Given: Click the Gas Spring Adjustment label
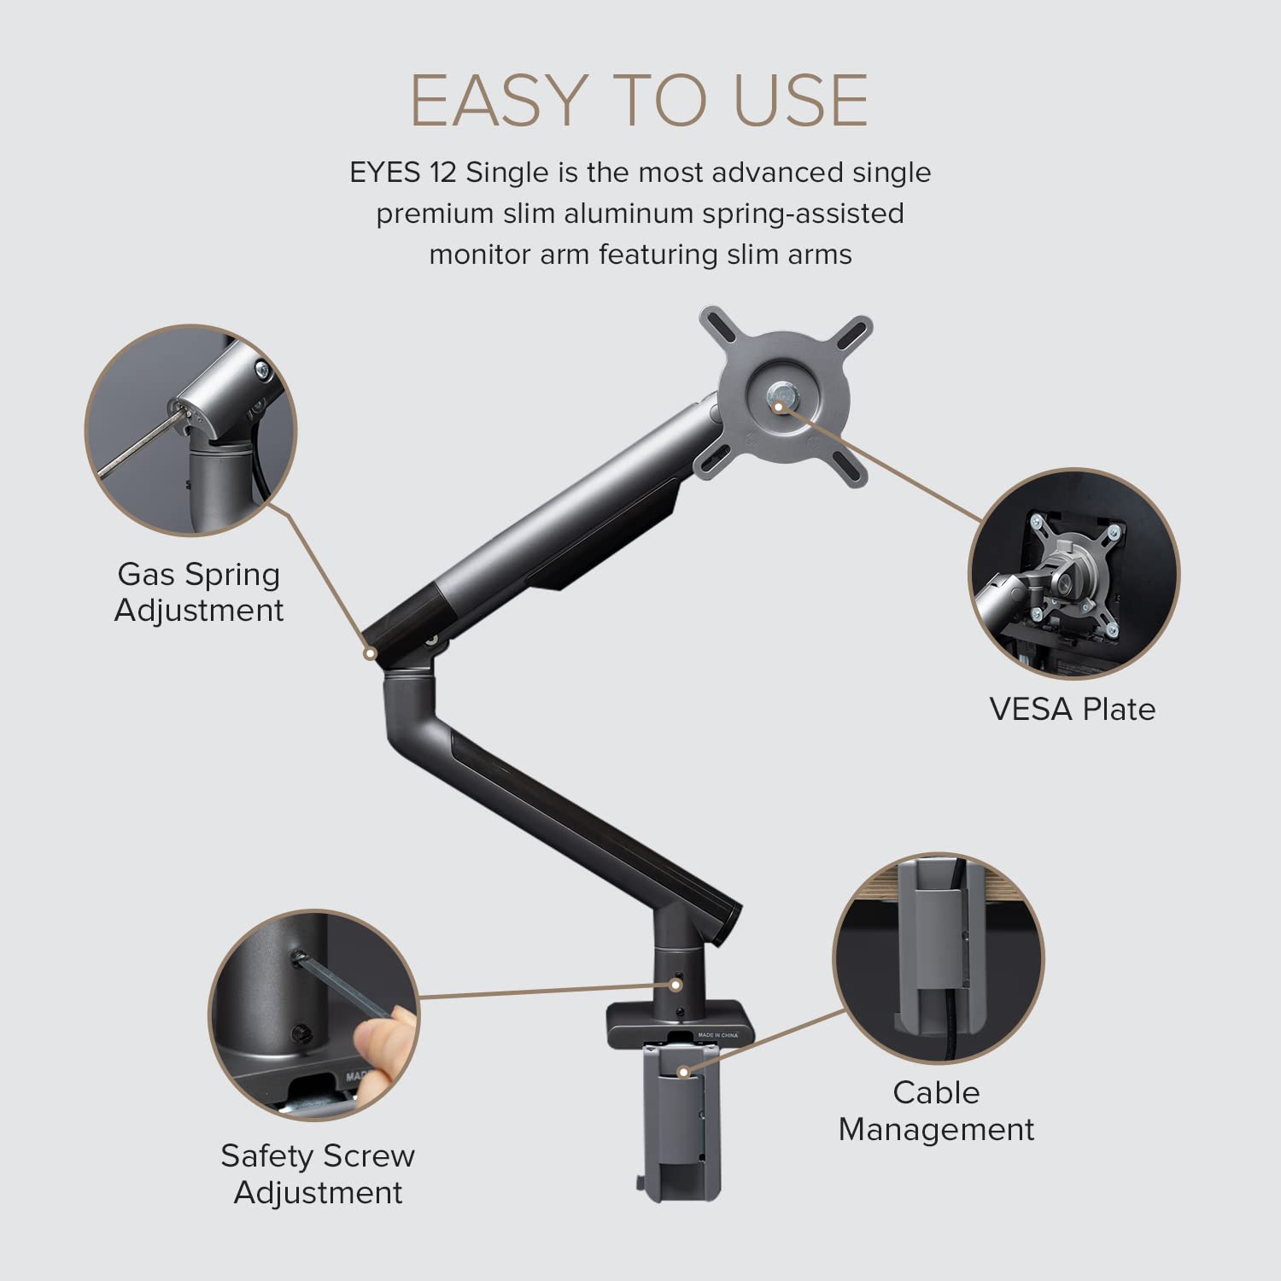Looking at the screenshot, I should pyautogui.click(x=198, y=592).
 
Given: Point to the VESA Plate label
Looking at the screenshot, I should pyautogui.click(x=1072, y=709).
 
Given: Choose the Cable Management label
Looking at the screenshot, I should pyautogui.click(x=936, y=1110).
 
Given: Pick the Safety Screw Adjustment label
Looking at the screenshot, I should pyautogui.click(x=318, y=1173).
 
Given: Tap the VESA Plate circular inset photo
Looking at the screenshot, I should pyautogui.click(x=1074, y=574).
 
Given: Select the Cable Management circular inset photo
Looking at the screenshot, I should pyautogui.click(x=938, y=957).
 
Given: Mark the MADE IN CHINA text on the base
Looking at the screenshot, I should pyautogui.click(x=717, y=1035).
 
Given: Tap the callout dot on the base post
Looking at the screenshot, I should pyautogui.click(x=676, y=985).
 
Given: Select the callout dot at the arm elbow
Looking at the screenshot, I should pyautogui.click(x=370, y=653).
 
